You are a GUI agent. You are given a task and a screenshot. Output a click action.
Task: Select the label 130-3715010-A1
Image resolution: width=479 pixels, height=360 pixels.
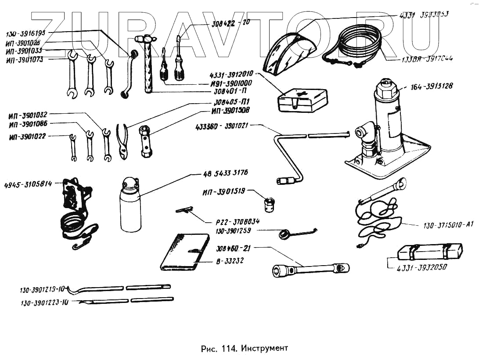(448, 225)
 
